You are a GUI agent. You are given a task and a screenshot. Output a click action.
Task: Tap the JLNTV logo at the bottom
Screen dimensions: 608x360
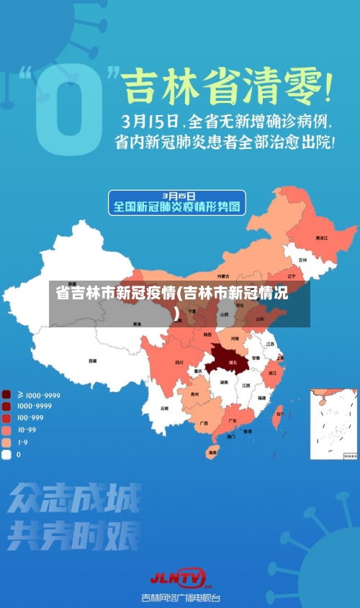[x=178, y=577]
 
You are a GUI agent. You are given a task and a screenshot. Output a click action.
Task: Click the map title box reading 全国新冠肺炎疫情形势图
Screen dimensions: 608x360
[x=177, y=202]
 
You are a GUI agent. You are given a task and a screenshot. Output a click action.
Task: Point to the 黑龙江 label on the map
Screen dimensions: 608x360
[x=321, y=237]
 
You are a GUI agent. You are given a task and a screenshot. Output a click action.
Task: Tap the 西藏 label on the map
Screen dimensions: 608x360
[x=92, y=360]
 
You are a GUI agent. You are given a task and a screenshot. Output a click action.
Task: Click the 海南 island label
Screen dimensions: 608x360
[x=212, y=453]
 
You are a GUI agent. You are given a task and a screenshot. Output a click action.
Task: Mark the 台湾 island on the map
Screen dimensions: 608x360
[x=279, y=413]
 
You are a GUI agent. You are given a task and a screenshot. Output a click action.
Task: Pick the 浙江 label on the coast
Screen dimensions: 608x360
[x=272, y=373]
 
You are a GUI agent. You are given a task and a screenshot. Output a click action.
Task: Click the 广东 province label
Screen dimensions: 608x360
[x=233, y=420]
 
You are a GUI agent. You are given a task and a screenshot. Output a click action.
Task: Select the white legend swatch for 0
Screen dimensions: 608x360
[x=6, y=455]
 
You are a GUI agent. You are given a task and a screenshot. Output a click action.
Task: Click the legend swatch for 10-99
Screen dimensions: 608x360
[x=6, y=430]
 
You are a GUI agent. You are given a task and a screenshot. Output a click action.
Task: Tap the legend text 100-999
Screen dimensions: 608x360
[x=31, y=417]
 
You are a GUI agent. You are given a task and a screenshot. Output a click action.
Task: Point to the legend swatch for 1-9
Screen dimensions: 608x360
[x=6, y=443]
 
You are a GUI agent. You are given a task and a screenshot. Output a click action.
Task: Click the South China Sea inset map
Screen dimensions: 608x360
[x=333, y=424]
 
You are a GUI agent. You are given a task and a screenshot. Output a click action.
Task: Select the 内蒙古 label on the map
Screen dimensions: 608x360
[x=224, y=276]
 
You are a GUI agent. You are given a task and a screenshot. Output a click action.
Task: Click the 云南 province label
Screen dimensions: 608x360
[x=165, y=409]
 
